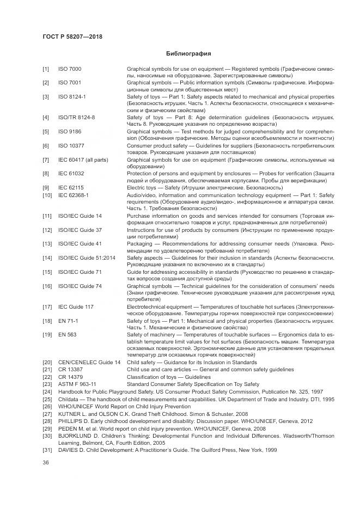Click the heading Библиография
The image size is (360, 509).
click(187, 54)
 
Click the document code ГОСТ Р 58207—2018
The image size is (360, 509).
click(72, 36)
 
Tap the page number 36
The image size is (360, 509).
click(46, 463)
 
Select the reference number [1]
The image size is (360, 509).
click(46, 69)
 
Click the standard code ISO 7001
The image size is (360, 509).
click(70, 82)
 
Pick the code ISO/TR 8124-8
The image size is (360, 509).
click(77, 117)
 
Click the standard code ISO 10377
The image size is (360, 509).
click(71, 146)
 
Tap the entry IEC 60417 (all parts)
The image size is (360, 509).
click(83, 160)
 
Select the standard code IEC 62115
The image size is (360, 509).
click(71, 187)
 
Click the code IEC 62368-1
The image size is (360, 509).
click(74, 194)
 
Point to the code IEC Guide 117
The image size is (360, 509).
click(76, 306)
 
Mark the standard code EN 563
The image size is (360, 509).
click(66, 334)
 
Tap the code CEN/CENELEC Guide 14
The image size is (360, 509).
click(89, 363)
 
